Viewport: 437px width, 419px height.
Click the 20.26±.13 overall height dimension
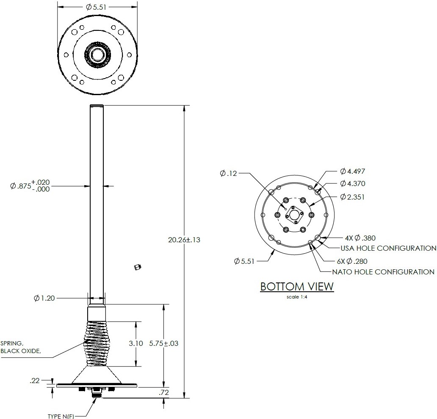tap(184, 240)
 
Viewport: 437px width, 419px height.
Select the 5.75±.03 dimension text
tap(163, 343)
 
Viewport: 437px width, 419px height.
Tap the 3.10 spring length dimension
tap(136, 343)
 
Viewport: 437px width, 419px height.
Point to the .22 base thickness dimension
tap(35, 381)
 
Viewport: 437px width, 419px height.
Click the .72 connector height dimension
tap(163, 393)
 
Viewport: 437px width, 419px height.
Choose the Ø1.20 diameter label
tap(44, 298)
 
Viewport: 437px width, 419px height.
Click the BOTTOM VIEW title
tap(297, 287)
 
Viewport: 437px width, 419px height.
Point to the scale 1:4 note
tap(297, 297)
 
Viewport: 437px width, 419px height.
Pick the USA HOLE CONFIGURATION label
tap(388, 248)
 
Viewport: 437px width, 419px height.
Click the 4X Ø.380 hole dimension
tap(360, 238)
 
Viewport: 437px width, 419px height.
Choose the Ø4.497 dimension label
tap(352, 171)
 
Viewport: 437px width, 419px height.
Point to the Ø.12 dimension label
tap(228, 173)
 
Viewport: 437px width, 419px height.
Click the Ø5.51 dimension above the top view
tap(98, 7)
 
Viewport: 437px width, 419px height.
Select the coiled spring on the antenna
tap(97, 343)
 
